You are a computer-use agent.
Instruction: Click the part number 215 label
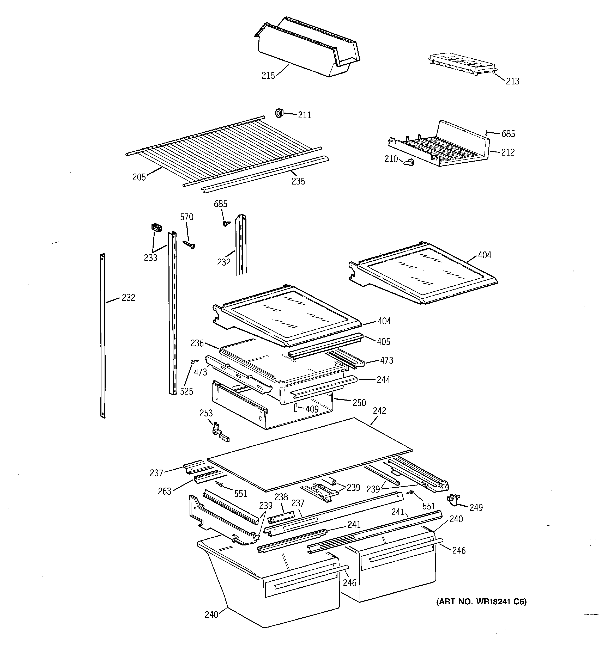pos(268,76)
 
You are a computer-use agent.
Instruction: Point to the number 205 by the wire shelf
pos(139,177)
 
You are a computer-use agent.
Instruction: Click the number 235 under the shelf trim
pos(298,181)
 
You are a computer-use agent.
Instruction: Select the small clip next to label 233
pos(157,228)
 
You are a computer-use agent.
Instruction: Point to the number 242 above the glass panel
pos(379,411)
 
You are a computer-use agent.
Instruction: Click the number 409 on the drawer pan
pos(312,409)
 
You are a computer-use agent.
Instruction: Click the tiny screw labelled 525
pos(195,361)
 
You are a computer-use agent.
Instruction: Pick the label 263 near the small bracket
pos(164,491)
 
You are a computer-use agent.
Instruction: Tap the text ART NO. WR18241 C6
pos(481,602)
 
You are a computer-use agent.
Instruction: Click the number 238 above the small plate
pos(281,497)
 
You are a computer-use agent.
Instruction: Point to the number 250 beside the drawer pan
pos(359,403)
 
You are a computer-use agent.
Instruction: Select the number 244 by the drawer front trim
pos(383,380)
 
